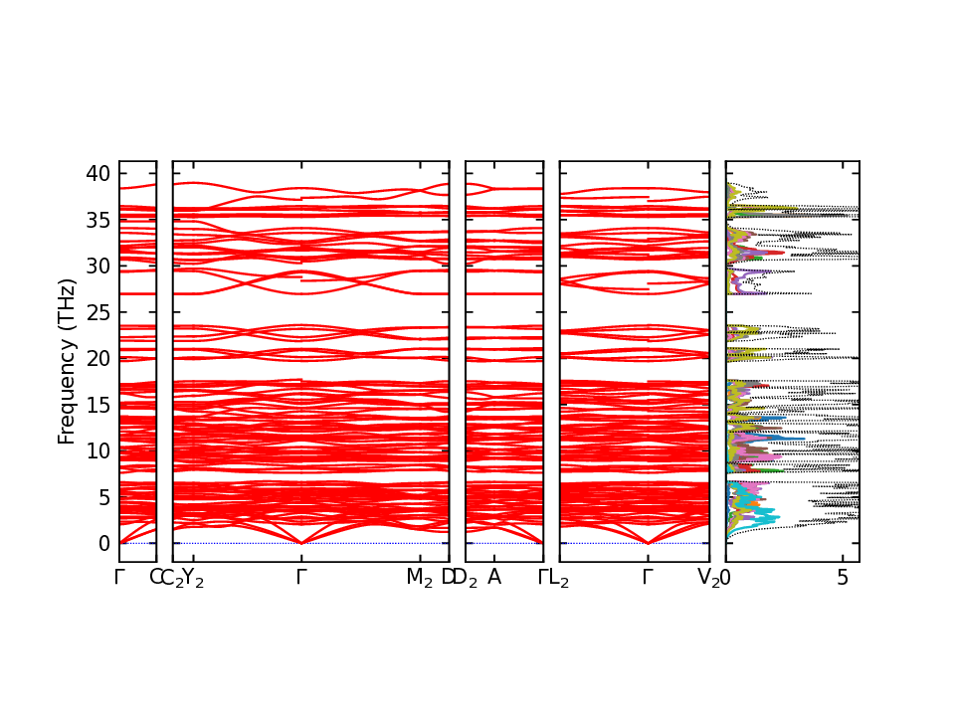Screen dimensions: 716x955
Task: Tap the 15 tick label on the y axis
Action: pyautogui.click(x=98, y=405)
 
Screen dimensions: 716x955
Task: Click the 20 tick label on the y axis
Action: pyautogui.click(x=98, y=358)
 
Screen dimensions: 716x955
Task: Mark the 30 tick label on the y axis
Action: pyautogui.click(x=98, y=266)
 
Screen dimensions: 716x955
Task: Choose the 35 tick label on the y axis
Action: pyautogui.click(x=98, y=220)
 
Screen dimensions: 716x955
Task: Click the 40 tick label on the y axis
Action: pyautogui.click(x=98, y=173)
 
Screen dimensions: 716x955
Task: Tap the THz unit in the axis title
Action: pyautogui.click(x=67, y=306)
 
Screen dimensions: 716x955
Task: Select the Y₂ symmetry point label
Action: pyautogui.click(x=193, y=578)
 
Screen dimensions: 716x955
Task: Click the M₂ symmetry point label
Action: pyautogui.click(x=420, y=578)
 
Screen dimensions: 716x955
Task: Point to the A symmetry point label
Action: pyautogui.click(x=494, y=577)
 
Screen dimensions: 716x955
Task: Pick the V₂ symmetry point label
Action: pyautogui.click(x=708, y=578)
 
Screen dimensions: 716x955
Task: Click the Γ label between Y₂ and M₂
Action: pyautogui.click(x=301, y=577)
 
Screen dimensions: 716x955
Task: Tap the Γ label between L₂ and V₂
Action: pyautogui.click(x=648, y=577)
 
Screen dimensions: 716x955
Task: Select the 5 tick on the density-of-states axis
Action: pyautogui.click(x=843, y=577)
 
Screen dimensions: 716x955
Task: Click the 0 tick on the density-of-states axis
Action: pyautogui.click(x=726, y=577)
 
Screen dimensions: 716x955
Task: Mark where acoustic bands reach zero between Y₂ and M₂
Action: pyautogui.click(x=301, y=543)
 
